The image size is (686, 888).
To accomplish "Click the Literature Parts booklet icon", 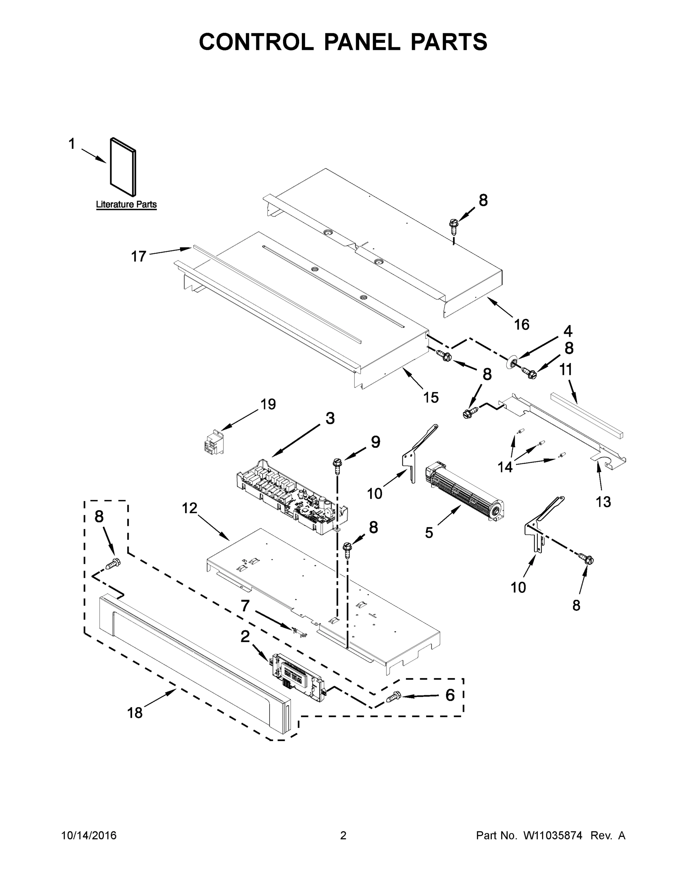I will [x=123, y=167].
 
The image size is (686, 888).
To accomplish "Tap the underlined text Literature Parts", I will [x=126, y=205].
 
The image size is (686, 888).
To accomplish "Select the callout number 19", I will [x=268, y=404].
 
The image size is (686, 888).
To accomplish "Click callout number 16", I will [x=521, y=324].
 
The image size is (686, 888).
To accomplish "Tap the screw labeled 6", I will [x=393, y=697].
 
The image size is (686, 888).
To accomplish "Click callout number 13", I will [x=603, y=502].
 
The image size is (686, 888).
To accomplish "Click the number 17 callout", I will [x=138, y=256].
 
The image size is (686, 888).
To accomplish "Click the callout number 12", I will [x=189, y=508].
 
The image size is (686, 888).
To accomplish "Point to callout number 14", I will [x=505, y=468].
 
